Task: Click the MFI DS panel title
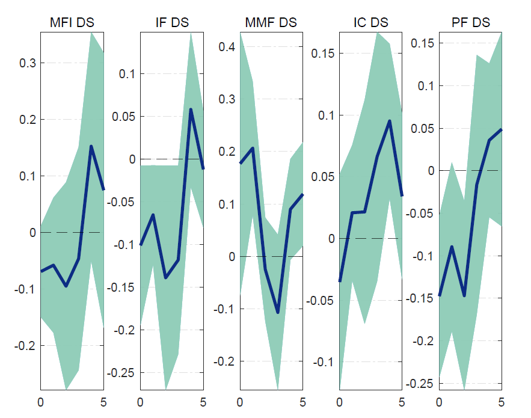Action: [x=72, y=23]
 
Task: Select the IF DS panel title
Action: [x=172, y=23]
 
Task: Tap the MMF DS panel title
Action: [x=271, y=23]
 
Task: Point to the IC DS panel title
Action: [x=371, y=23]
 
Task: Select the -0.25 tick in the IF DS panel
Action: [x=120, y=373]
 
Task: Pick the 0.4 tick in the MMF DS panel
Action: [x=225, y=47]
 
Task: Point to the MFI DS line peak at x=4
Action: [x=91, y=146]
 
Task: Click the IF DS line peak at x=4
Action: [x=191, y=109]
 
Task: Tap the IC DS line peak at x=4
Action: [x=390, y=121]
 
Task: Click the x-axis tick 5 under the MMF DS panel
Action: [x=302, y=401]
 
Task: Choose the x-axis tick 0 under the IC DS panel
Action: [x=340, y=401]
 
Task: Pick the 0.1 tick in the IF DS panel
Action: [x=126, y=74]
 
